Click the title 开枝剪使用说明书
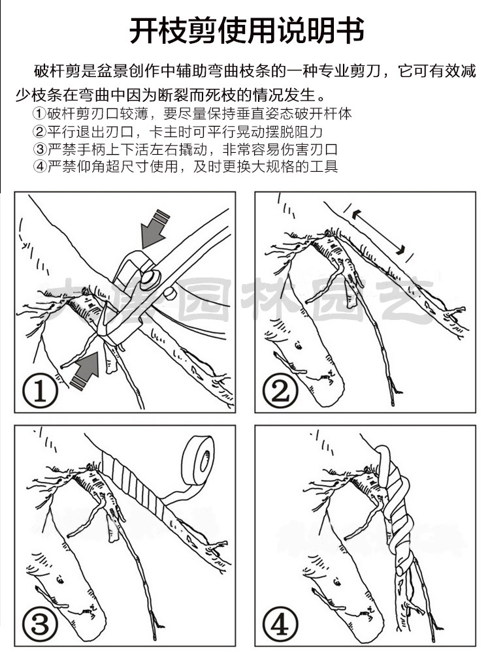(x=245, y=31)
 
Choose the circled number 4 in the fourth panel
(x=280, y=626)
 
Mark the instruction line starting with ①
(x=193, y=113)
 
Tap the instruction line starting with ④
(x=186, y=166)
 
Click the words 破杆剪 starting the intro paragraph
(x=53, y=71)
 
